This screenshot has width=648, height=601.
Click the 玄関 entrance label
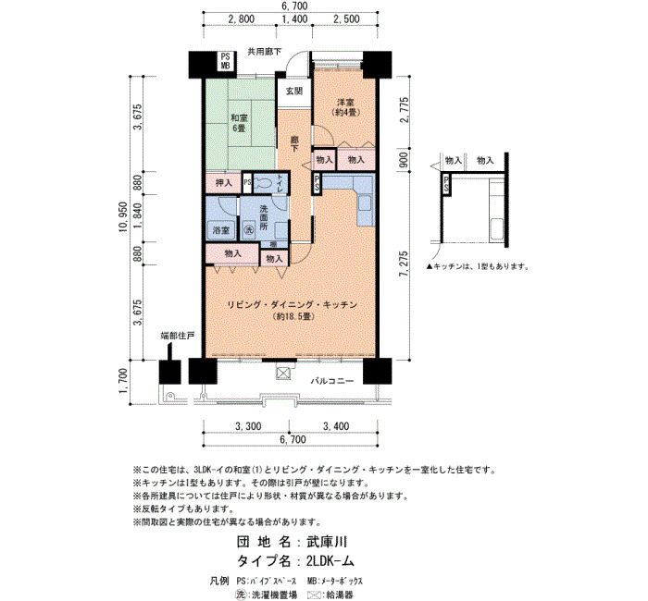click(294, 92)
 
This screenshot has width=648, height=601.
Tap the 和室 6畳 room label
click(239, 123)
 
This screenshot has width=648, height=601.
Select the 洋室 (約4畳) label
click(345, 106)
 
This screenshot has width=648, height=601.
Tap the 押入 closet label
click(224, 182)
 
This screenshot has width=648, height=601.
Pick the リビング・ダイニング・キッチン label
click(293, 305)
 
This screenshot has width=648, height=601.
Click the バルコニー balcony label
click(332, 381)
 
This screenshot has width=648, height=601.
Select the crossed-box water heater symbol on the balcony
click(283, 374)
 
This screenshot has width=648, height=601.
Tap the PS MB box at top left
click(225, 61)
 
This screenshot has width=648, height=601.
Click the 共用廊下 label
click(265, 52)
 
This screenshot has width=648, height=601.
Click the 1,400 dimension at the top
click(294, 19)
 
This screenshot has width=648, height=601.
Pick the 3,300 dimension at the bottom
click(248, 426)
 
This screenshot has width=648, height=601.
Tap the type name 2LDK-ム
click(330, 560)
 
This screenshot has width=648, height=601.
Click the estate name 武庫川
click(327, 542)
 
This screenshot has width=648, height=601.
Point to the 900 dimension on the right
click(404, 159)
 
